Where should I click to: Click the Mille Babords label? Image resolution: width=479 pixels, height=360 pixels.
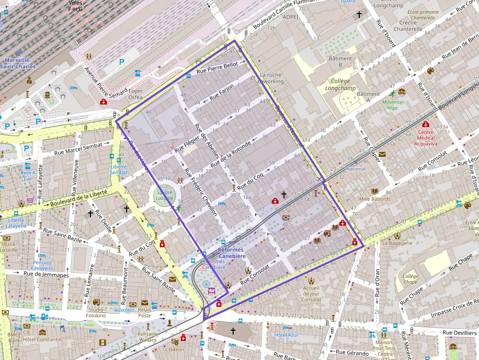tap(374, 199)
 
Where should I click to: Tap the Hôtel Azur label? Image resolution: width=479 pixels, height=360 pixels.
tap(286, 335)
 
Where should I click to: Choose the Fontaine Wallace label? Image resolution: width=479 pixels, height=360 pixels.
tap(148, 337)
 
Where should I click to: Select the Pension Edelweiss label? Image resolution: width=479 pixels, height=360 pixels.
tap(42, 265)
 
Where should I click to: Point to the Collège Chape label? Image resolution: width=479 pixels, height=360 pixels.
tap(411, 279)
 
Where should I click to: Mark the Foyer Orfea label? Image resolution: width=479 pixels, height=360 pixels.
tap(135, 94)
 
